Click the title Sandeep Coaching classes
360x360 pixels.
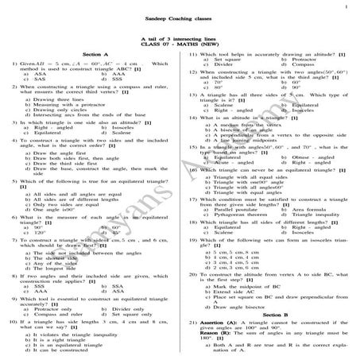(180, 17)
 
